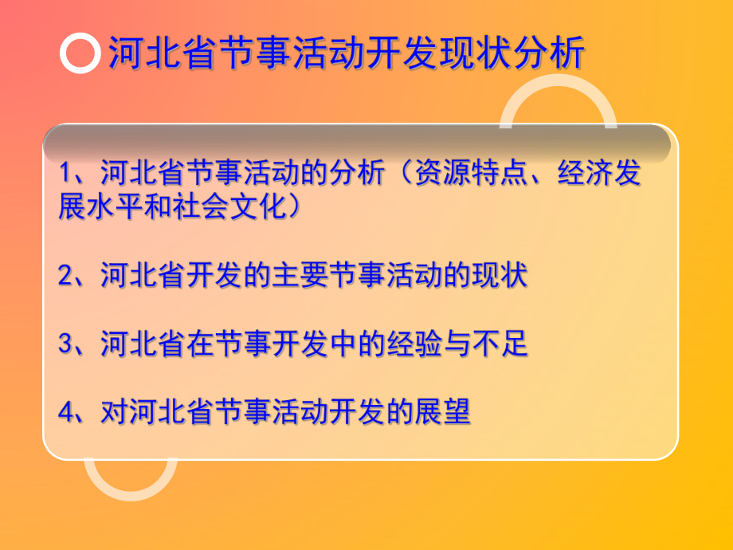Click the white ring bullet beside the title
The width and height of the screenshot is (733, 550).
[x=80, y=54]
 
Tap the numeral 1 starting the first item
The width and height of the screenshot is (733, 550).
[x=66, y=175]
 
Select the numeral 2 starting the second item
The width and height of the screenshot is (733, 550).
[x=66, y=277]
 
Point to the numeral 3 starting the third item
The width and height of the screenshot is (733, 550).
[x=66, y=345]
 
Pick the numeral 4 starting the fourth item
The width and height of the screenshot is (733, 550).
[x=66, y=413]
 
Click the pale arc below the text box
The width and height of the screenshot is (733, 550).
[x=130, y=481]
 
